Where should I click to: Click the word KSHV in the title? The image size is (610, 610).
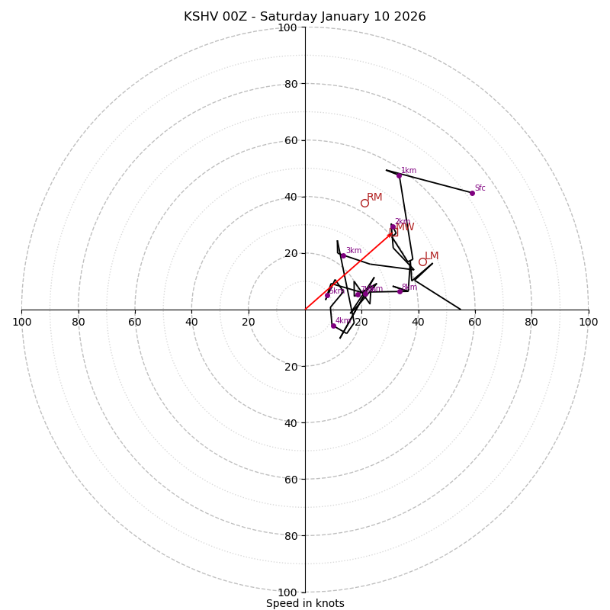point(201,17)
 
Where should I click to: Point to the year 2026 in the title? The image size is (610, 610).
point(409,17)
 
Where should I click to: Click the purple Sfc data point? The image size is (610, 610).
point(472,193)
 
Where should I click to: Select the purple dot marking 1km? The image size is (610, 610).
point(399,175)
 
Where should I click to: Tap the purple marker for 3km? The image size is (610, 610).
point(343,255)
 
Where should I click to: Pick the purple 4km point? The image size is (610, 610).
point(333,326)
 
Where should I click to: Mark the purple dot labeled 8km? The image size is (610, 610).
point(400,291)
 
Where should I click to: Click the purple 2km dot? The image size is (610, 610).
point(393,226)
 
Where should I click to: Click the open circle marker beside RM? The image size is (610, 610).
point(364,203)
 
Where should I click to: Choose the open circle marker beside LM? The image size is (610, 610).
point(422,262)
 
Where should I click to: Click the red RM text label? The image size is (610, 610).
point(374,197)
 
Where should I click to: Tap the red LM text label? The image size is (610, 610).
point(432,256)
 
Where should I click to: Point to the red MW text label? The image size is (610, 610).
point(405,227)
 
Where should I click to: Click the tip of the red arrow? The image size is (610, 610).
point(393,232)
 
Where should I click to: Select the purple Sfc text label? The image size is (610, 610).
point(480,188)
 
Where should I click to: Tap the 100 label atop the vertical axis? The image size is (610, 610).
point(287,27)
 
